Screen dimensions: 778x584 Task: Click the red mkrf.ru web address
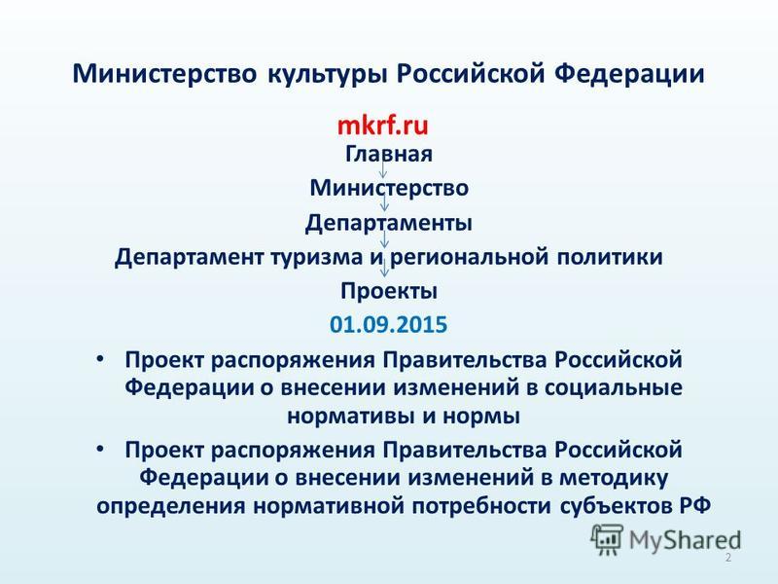coord(382,126)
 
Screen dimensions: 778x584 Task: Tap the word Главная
coord(388,154)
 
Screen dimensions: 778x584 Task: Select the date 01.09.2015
coord(388,324)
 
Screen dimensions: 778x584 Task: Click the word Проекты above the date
coord(388,291)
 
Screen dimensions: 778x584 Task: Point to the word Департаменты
coord(388,223)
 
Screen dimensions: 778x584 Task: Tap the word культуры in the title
coord(327,75)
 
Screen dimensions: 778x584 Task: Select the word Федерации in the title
coord(629,74)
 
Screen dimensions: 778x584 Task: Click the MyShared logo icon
coord(606,539)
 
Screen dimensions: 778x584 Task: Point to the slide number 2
coord(727,557)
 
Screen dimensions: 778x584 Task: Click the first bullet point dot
coord(100,359)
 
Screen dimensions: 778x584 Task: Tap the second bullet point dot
coord(100,450)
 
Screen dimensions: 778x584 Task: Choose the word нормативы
coord(350,417)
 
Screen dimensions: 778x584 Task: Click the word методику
coord(614,478)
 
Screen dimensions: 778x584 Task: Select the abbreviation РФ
coord(694,506)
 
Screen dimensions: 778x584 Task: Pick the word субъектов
coord(615,506)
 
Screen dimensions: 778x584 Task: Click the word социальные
coord(614,387)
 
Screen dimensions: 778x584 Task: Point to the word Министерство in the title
coord(165,74)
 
